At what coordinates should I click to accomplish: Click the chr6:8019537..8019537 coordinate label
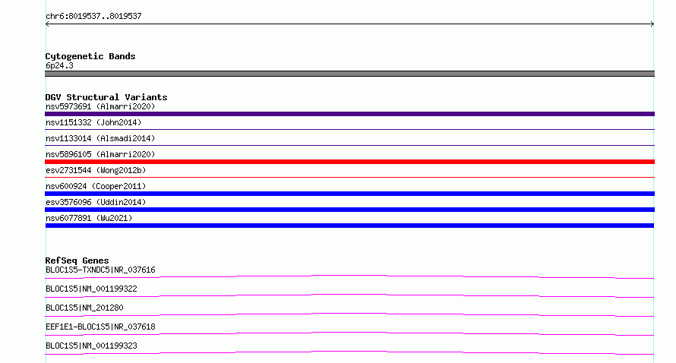coord(93,17)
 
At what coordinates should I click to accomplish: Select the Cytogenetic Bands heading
coord(90,56)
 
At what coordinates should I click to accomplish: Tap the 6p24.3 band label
coord(59,65)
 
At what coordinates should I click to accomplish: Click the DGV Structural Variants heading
coord(106,97)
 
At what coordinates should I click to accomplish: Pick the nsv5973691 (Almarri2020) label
coord(100,106)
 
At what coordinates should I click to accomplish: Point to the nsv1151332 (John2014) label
coord(93,122)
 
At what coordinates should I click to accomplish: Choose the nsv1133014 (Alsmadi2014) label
coord(100,138)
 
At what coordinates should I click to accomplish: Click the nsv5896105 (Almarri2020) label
coord(100,154)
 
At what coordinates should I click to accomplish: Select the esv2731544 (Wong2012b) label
coord(96,170)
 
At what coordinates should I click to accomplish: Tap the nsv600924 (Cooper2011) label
coord(96,186)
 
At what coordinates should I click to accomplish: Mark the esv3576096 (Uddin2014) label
coord(96,202)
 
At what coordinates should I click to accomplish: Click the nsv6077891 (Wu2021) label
coord(89,218)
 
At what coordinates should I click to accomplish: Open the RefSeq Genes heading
coord(77,260)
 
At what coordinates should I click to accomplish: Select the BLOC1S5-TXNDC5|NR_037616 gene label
coord(100,270)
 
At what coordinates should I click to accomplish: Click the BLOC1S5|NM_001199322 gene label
coord(91,289)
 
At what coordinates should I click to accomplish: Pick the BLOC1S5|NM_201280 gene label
coord(84,308)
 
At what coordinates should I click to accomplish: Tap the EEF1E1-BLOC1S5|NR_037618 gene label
coord(100,327)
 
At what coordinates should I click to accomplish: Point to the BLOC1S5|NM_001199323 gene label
coord(91,346)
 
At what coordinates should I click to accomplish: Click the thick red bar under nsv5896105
coord(349,162)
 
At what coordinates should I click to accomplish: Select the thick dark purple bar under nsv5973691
coord(349,114)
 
